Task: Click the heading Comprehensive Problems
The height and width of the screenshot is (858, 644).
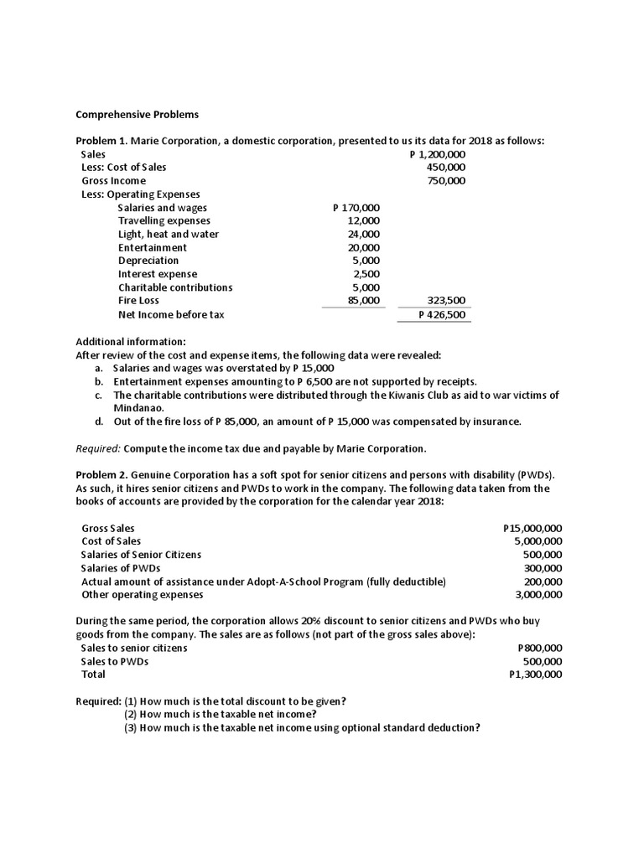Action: tap(138, 114)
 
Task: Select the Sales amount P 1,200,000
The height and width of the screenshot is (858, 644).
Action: tap(438, 154)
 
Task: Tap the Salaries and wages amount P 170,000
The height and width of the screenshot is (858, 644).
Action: tap(356, 208)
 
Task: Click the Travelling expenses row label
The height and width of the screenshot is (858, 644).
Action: tap(164, 220)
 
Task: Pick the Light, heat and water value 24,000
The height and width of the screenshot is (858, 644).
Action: tap(364, 234)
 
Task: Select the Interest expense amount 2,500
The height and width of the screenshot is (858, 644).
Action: tap(366, 274)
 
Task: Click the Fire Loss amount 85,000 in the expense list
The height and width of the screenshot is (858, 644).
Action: tap(364, 300)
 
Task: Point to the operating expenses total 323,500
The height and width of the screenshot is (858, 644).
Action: tap(447, 300)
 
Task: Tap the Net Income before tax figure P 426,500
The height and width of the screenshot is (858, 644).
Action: tap(443, 315)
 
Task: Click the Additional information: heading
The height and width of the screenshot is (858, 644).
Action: tap(131, 342)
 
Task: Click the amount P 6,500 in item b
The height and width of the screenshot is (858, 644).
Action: tap(278, 381)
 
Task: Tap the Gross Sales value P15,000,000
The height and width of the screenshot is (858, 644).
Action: tap(532, 528)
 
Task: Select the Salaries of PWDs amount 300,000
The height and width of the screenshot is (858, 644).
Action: tap(543, 568)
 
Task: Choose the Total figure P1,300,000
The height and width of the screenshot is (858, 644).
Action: tap(536, 675)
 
